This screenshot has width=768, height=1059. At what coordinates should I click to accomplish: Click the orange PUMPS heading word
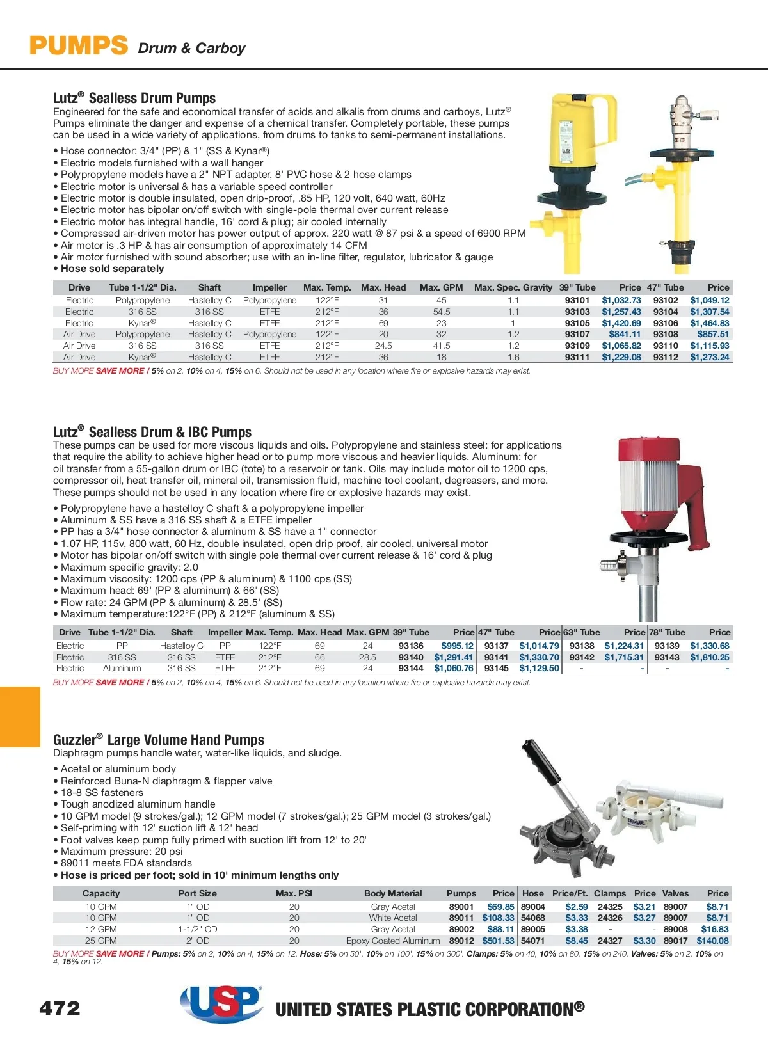pyautogui.click(x=79, y=45)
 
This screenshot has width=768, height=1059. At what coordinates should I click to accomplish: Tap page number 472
pyautogui.click(x=60, y=1008)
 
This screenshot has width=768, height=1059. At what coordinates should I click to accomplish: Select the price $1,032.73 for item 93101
pyautogui.click(x=621, y=300)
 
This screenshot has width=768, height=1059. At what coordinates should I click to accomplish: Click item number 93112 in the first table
pyautogui.click(x=666, y=357)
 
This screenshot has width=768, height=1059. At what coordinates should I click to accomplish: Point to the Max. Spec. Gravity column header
pyautogui.click(x=513, y=287)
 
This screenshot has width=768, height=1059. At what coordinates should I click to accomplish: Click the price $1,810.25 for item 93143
pyautogui.click(x=709, y=657)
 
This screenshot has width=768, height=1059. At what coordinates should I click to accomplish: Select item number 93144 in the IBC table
pyautogui.click(x=411, y=668)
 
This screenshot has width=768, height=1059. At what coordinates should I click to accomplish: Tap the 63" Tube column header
pyautogui.click(x=581, y=632)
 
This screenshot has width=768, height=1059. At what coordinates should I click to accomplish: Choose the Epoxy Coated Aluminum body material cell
pyautogui.click(x=393, y=941)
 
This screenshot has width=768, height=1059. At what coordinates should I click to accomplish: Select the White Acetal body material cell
pyautogui.click(x=393, y=918)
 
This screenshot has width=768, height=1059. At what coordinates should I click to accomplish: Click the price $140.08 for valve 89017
pyautogui.click(x=712, y=941)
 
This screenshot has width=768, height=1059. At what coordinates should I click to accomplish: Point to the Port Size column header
pyautogui.click(x=197, y=893)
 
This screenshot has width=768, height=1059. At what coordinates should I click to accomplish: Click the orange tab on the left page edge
pyautogui.click(x=20, y=717)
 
